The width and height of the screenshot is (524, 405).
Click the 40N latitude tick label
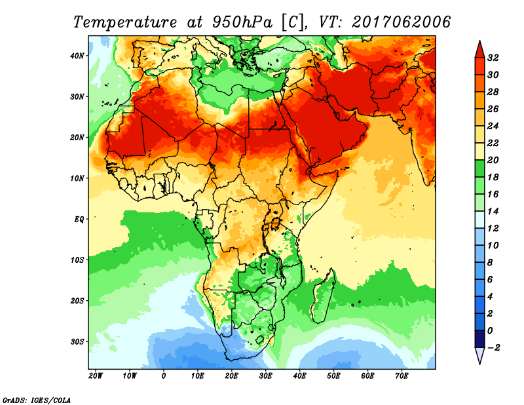tap(77, 56)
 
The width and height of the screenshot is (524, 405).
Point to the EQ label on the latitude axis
tap(79, 219)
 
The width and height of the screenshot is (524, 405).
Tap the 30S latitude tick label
tap(77, 341)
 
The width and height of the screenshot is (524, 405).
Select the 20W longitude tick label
tap(96, 376)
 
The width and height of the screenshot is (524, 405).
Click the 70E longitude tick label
tap(402, 376)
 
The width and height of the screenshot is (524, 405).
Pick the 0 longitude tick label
tap(164, 376)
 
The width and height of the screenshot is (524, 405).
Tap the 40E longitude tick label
tap(300, 376)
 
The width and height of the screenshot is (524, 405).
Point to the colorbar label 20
tap(494, 160)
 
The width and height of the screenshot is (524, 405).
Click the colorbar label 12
tap(494, 228)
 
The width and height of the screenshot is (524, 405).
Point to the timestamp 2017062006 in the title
tap(402, 22)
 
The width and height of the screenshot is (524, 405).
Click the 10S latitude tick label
tap(77, 260)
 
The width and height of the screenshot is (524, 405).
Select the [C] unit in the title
tap(292, 22)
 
